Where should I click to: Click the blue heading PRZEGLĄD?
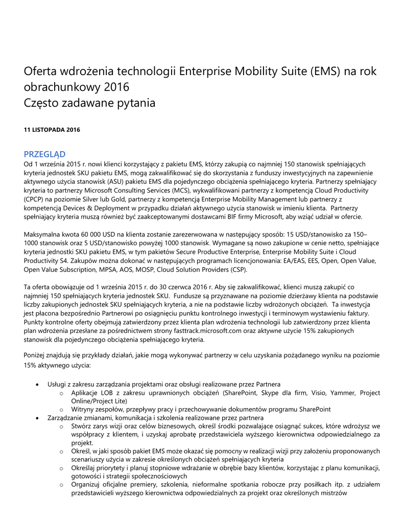tap(44, 154)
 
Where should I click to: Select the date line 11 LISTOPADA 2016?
tap(52, 130)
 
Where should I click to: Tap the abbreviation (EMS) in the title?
tap(324, 71)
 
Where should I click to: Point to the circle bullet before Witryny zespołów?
tap(61, 410)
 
